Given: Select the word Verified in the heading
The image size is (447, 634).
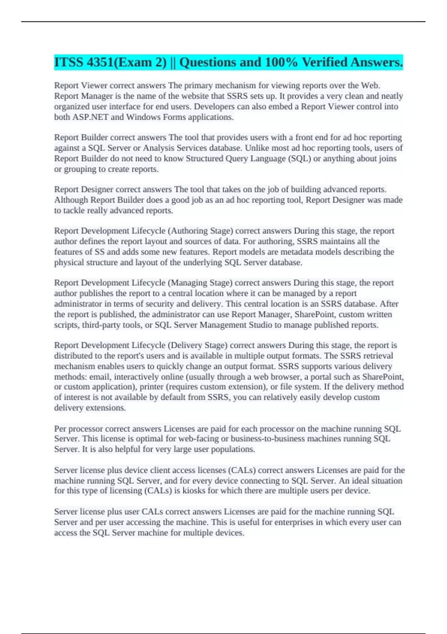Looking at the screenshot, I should tap(324, 62).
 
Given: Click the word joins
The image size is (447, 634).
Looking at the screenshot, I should tap(386, 158).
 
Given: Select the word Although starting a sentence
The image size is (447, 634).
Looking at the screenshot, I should tap(71, 200).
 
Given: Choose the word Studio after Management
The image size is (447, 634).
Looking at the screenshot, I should tap(260, 325).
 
